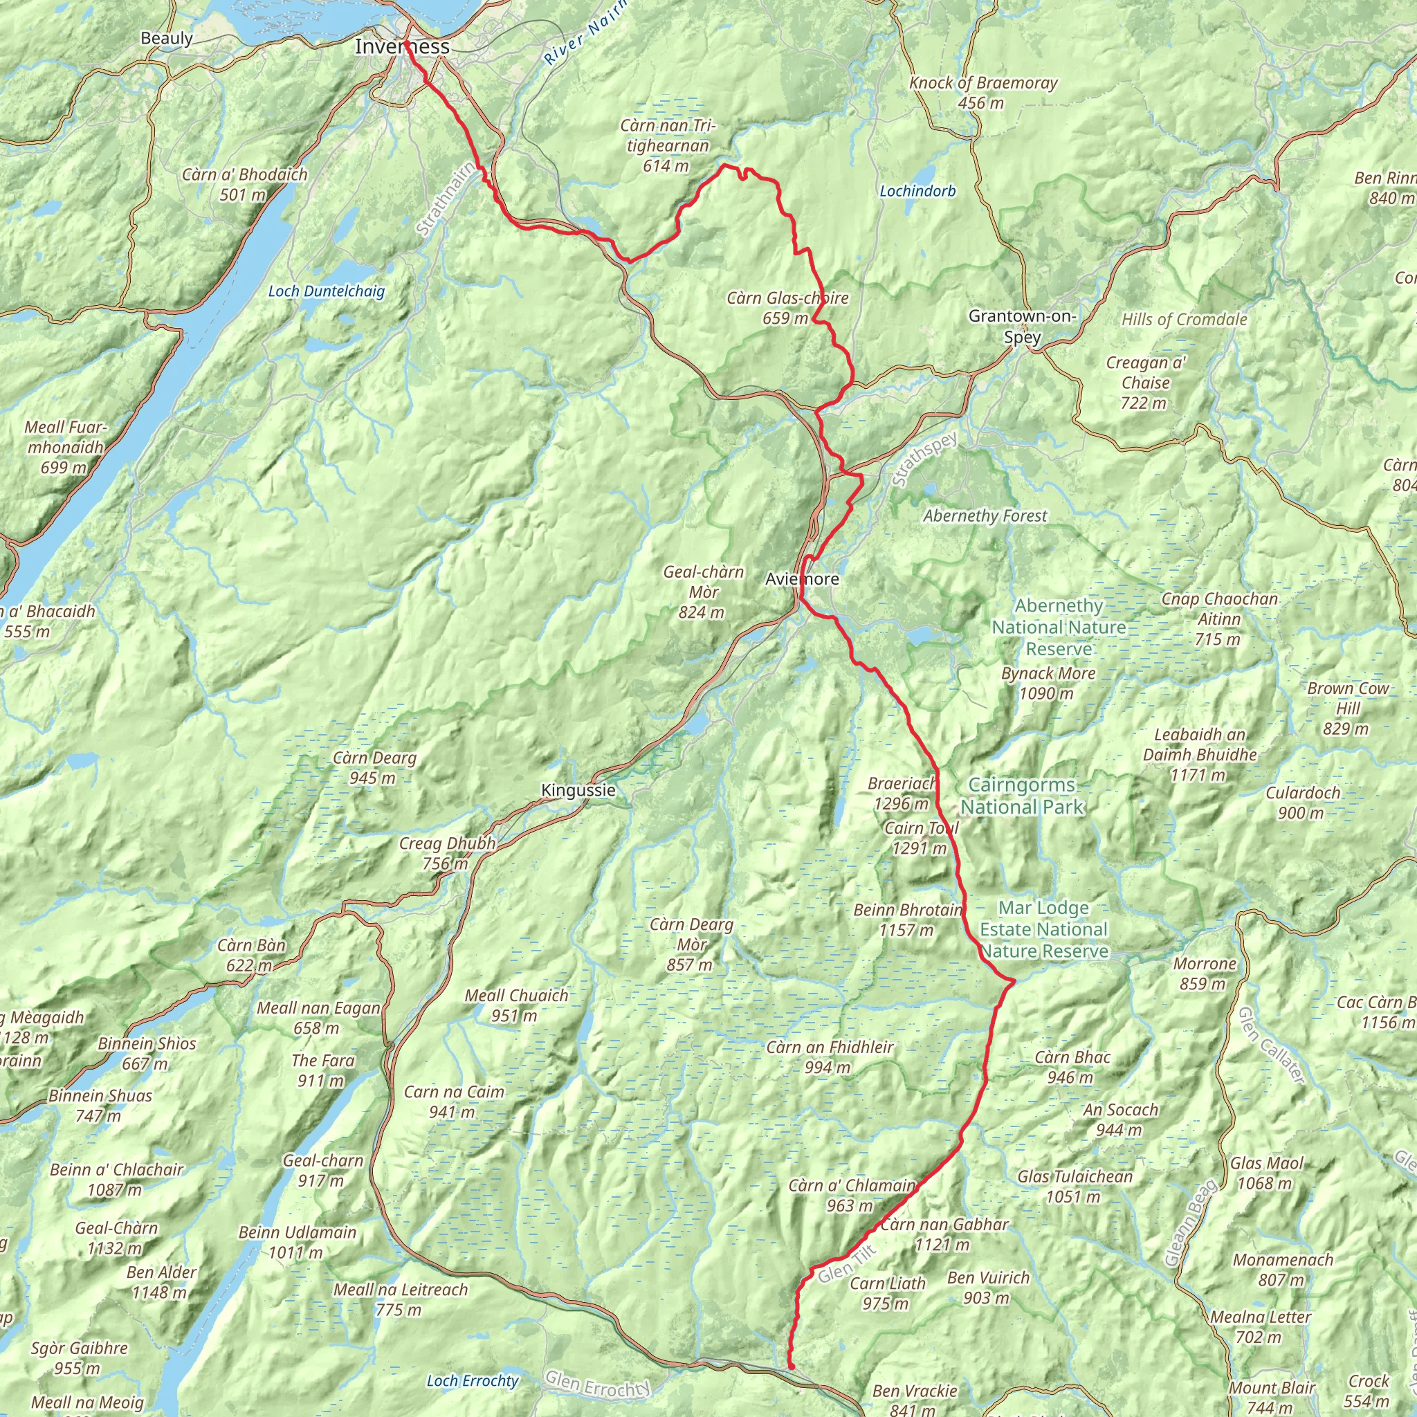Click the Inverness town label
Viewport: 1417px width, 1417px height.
click(402, 47)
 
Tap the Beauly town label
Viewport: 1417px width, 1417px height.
click(167, 38)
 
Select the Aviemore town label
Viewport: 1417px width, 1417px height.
click(802, 579)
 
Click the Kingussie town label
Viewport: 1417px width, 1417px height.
click(578, 791)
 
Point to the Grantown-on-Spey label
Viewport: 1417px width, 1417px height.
click(1023, 327)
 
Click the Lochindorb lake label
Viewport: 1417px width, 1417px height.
click(917, 192)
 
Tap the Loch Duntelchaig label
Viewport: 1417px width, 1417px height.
click(327, 291)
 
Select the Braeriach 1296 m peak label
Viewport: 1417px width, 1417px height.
click(902, 794)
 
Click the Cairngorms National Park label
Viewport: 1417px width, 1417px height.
click(1022, 796)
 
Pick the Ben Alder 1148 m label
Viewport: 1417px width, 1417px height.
click(161, 1282)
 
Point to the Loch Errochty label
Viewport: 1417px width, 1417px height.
click(473, 1360)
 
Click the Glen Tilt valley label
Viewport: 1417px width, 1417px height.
click(847, 1261)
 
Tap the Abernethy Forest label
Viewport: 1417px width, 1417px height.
click(985, 516)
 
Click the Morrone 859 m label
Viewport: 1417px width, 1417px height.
click(1205, 973)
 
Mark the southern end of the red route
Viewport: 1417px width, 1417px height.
click(792, 1366)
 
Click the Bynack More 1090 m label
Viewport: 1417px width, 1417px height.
click(1048, 683)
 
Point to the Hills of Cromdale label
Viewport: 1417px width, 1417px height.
click(1184, 320)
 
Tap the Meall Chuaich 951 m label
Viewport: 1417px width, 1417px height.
click(516, 1005)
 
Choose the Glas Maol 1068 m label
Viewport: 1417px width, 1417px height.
click(1267, 1173)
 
